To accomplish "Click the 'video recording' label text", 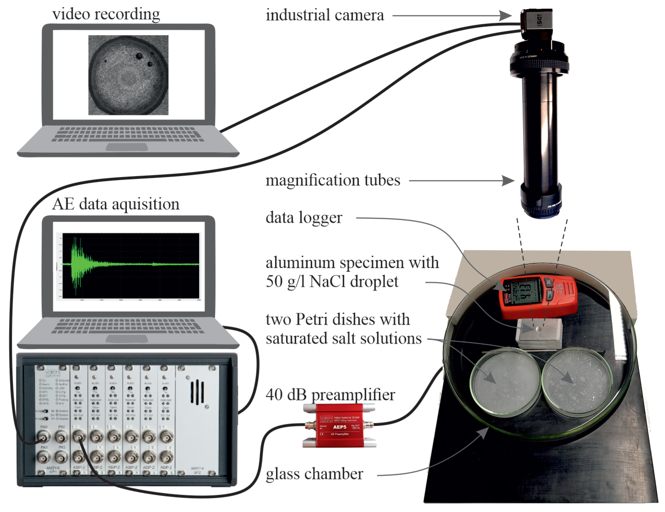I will (106, 14).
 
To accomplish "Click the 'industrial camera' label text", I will (325, 15).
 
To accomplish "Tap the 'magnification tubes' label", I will (333, 180).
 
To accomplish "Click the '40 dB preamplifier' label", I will (330, 395).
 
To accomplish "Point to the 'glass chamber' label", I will (314, 474).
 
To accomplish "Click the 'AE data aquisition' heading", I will (116, 204).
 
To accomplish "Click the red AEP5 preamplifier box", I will (339, 425).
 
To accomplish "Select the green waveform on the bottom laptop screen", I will (128, 265).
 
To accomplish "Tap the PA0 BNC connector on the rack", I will (43, 437).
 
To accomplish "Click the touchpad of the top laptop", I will (127, 147).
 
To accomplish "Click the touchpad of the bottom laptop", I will (127, 338).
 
